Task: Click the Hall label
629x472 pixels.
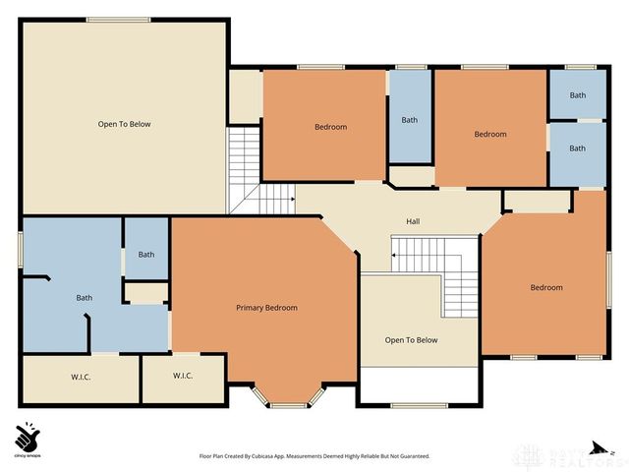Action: [414, 221]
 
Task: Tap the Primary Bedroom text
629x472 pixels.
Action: [266, 308]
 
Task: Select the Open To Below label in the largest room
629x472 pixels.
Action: [124, 124]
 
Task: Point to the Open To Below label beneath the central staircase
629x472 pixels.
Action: [411, 340]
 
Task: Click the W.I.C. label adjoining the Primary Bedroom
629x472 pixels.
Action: [183, 376]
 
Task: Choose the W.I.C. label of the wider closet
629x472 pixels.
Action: [81, 376]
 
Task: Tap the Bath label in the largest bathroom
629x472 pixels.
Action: [85, 298]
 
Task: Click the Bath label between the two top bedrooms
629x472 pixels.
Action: [409, 120]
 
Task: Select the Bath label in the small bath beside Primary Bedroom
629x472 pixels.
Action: [145, 255]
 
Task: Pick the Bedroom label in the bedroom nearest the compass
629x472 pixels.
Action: [546, 287]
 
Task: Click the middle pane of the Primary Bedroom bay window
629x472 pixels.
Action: [288, 404]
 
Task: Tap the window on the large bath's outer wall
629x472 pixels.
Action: [21, 249]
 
